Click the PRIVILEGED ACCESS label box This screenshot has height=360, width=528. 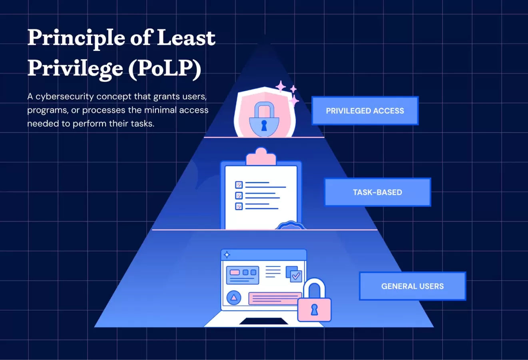click(x=365, y=111)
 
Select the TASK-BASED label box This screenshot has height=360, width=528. click(x=377, y=192)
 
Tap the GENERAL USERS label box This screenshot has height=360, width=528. click(x=412, y=286)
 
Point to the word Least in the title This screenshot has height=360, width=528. click(x=186, y=38)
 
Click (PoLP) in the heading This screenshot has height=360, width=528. click(x=165, y=68)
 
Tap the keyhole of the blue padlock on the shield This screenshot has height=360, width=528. click(x=264, y=125)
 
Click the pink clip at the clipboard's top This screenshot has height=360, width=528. click(x=261, y=157)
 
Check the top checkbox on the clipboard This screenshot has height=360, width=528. click(x=239, y=185)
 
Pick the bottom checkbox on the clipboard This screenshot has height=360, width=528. click(x=239, y=206)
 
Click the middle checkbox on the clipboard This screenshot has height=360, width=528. click(x=239, y=196)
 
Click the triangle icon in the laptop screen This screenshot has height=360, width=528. click(x=234, y=298)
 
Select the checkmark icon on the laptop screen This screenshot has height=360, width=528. click(x=296, y=276)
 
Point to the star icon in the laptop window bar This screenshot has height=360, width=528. click(x=227, y=254)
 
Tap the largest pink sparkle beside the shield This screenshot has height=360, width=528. click(x=281, y=86)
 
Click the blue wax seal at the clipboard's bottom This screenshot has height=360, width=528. click(x=291, y=226)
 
